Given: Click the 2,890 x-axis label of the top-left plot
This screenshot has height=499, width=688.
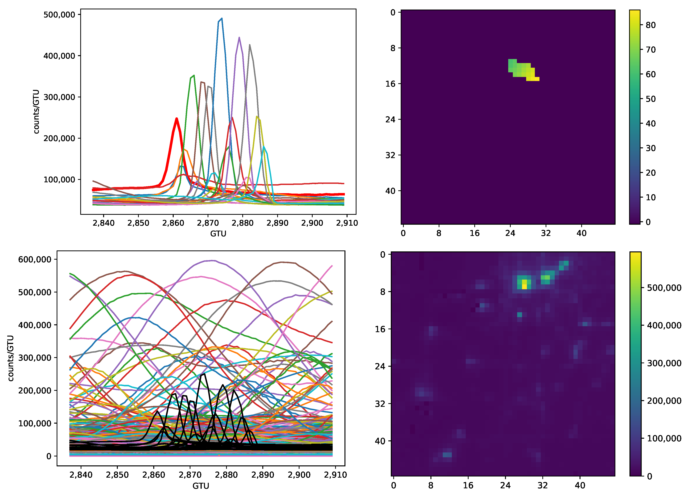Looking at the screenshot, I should click(x=277, y=223).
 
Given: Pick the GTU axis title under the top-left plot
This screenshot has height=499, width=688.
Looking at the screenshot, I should click(x=218, y=233).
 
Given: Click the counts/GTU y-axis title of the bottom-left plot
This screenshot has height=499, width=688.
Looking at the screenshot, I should click(x=11, y=358).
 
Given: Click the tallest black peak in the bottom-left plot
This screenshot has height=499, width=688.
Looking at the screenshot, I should click(x=204, y=374).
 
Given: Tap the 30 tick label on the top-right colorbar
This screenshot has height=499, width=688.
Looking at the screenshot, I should click(x=651, y=148).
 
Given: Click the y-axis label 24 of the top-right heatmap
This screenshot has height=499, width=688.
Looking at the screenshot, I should click(x=390, y=119).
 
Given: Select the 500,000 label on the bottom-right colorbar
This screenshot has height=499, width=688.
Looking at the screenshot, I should click(x=664, y=288).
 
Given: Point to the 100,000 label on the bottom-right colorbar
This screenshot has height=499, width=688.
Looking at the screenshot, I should click(x=664, y=438).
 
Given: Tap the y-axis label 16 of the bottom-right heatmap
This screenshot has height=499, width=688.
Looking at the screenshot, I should click(x=380, y=329).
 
